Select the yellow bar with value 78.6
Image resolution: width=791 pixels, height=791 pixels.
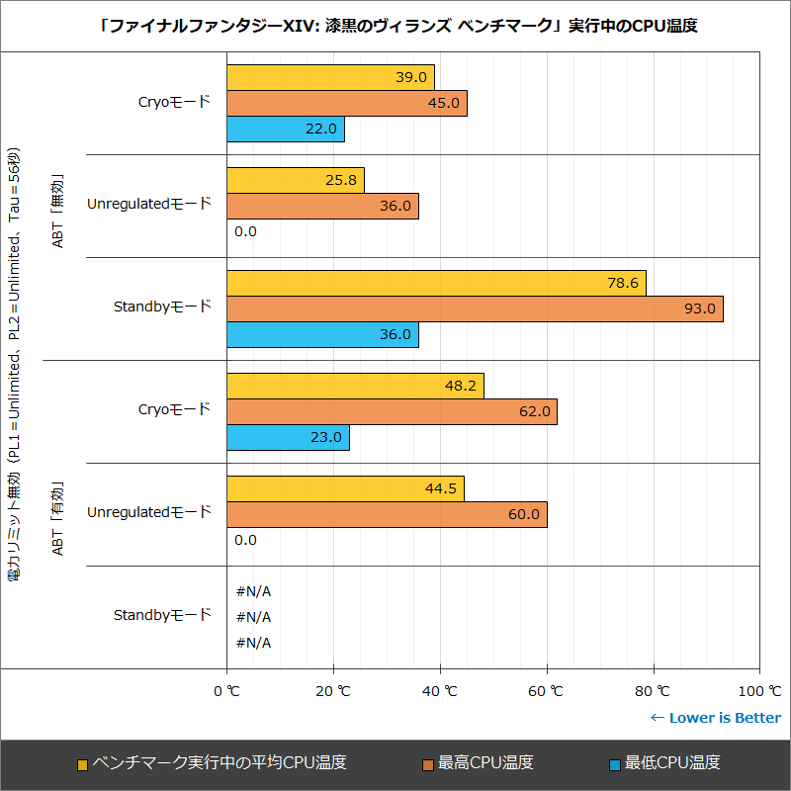point(436,284)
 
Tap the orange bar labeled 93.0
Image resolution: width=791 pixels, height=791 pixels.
point(475,309)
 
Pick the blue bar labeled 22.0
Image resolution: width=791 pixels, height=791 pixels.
point(286,130)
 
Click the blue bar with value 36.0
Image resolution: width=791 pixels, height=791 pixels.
point(322,335)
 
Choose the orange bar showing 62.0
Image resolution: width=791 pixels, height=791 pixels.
point(392,412)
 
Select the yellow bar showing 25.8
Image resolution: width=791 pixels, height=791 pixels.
point(296,181)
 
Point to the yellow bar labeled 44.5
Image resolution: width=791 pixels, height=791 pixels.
point(345,488)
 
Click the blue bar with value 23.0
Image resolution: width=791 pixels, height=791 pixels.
point(288,438)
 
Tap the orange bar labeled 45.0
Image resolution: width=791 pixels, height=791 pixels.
point(347,104)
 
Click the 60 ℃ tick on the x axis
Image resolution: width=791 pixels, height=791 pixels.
point(547,691)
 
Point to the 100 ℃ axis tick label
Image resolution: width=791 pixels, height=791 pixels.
point(759,691)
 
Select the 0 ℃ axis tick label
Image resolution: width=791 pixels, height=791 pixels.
point(227,691)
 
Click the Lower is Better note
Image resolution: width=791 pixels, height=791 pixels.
point(715,718)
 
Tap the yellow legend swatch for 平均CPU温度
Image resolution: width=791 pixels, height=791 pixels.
point(83,764)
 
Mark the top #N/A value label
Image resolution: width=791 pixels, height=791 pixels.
point(253,591)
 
